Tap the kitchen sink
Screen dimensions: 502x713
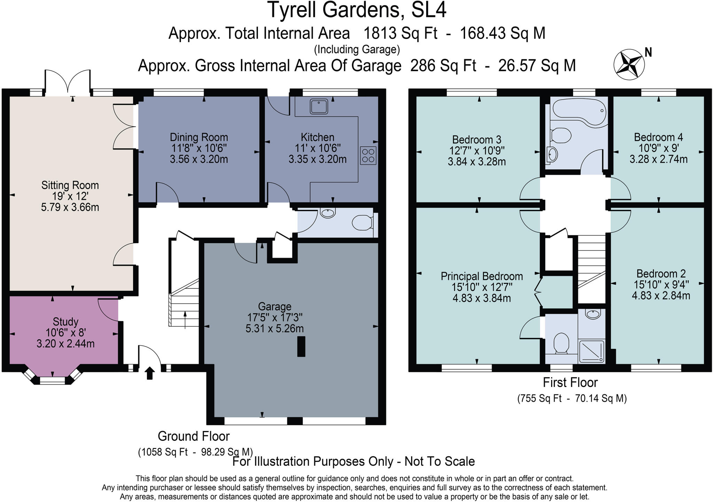point(319,106)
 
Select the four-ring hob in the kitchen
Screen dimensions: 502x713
point(368,156)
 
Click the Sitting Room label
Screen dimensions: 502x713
point(70,185)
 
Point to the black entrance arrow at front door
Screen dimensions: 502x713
point(150,373)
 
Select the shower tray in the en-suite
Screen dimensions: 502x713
point(591,351)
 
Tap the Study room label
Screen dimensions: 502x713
point(65,322)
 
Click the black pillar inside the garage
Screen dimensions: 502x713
point(301,346)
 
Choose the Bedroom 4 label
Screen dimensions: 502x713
point(658,137)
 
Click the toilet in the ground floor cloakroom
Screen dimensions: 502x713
point(362,222)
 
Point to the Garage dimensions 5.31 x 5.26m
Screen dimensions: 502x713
point(275,329)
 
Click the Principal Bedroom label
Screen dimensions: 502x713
point(481,276)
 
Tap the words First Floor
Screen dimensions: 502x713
point(570,383)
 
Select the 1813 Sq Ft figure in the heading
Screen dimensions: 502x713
point(400,33)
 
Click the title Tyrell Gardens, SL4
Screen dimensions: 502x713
point(357,10)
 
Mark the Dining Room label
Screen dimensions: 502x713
point(199,137)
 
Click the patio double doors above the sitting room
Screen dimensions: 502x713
point(68,83)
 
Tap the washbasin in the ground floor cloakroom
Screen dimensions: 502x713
point(327,213)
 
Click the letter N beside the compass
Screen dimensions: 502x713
point(648,52)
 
